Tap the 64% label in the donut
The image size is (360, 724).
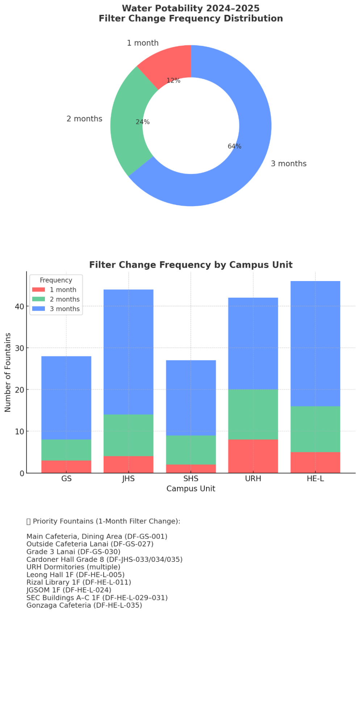(x=234, y=146)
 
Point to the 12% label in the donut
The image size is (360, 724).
(x=173, y=81)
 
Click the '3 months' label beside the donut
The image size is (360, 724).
(x=288, y=164)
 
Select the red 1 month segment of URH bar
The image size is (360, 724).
(x=253, y=456)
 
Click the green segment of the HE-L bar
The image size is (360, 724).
(x=315, y=429)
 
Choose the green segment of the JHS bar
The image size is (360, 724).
(x=128, y=435)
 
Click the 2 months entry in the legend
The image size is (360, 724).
(x=64, y=300)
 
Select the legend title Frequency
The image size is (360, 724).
(x=56, y=280)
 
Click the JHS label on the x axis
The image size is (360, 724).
(x=128, y=479)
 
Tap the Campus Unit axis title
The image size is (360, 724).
(x=191, y=489)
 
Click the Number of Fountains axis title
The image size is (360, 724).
(x=8, y=372)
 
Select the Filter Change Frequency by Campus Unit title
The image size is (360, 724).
(x=191, y=265)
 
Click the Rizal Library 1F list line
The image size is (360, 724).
(x=79, y=582)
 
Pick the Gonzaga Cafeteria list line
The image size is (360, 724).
(x=84, y=605)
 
